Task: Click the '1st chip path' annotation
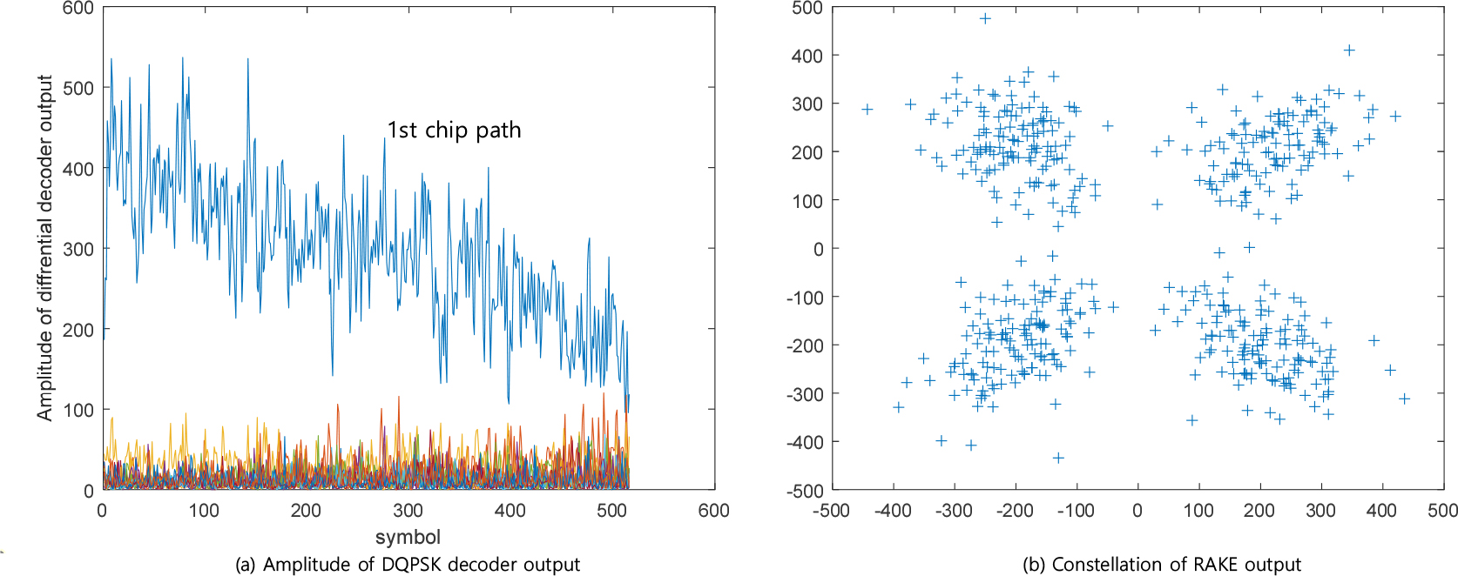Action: coord(454,131)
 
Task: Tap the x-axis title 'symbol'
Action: coord(408,537)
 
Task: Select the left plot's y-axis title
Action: coord(45,248)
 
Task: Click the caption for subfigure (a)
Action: coord(408,564)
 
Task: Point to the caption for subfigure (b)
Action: coord(1161,564)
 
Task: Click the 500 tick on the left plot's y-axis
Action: coord(78,88)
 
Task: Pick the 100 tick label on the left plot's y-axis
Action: coord(78,410)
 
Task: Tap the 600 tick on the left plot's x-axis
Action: coord(713,511)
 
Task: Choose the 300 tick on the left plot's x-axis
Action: coord(408,511)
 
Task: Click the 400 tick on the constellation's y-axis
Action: coord(807,56)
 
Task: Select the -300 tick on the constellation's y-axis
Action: coord(803,393)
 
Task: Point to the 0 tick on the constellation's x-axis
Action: coord(1137,511)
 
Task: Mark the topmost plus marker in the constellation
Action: coord(985,18)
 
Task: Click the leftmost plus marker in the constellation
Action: coord(867,110)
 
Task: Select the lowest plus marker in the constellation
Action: coord(1058,458)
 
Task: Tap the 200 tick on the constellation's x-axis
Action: coord(1259,511)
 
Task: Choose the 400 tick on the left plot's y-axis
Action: coord(78,169)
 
